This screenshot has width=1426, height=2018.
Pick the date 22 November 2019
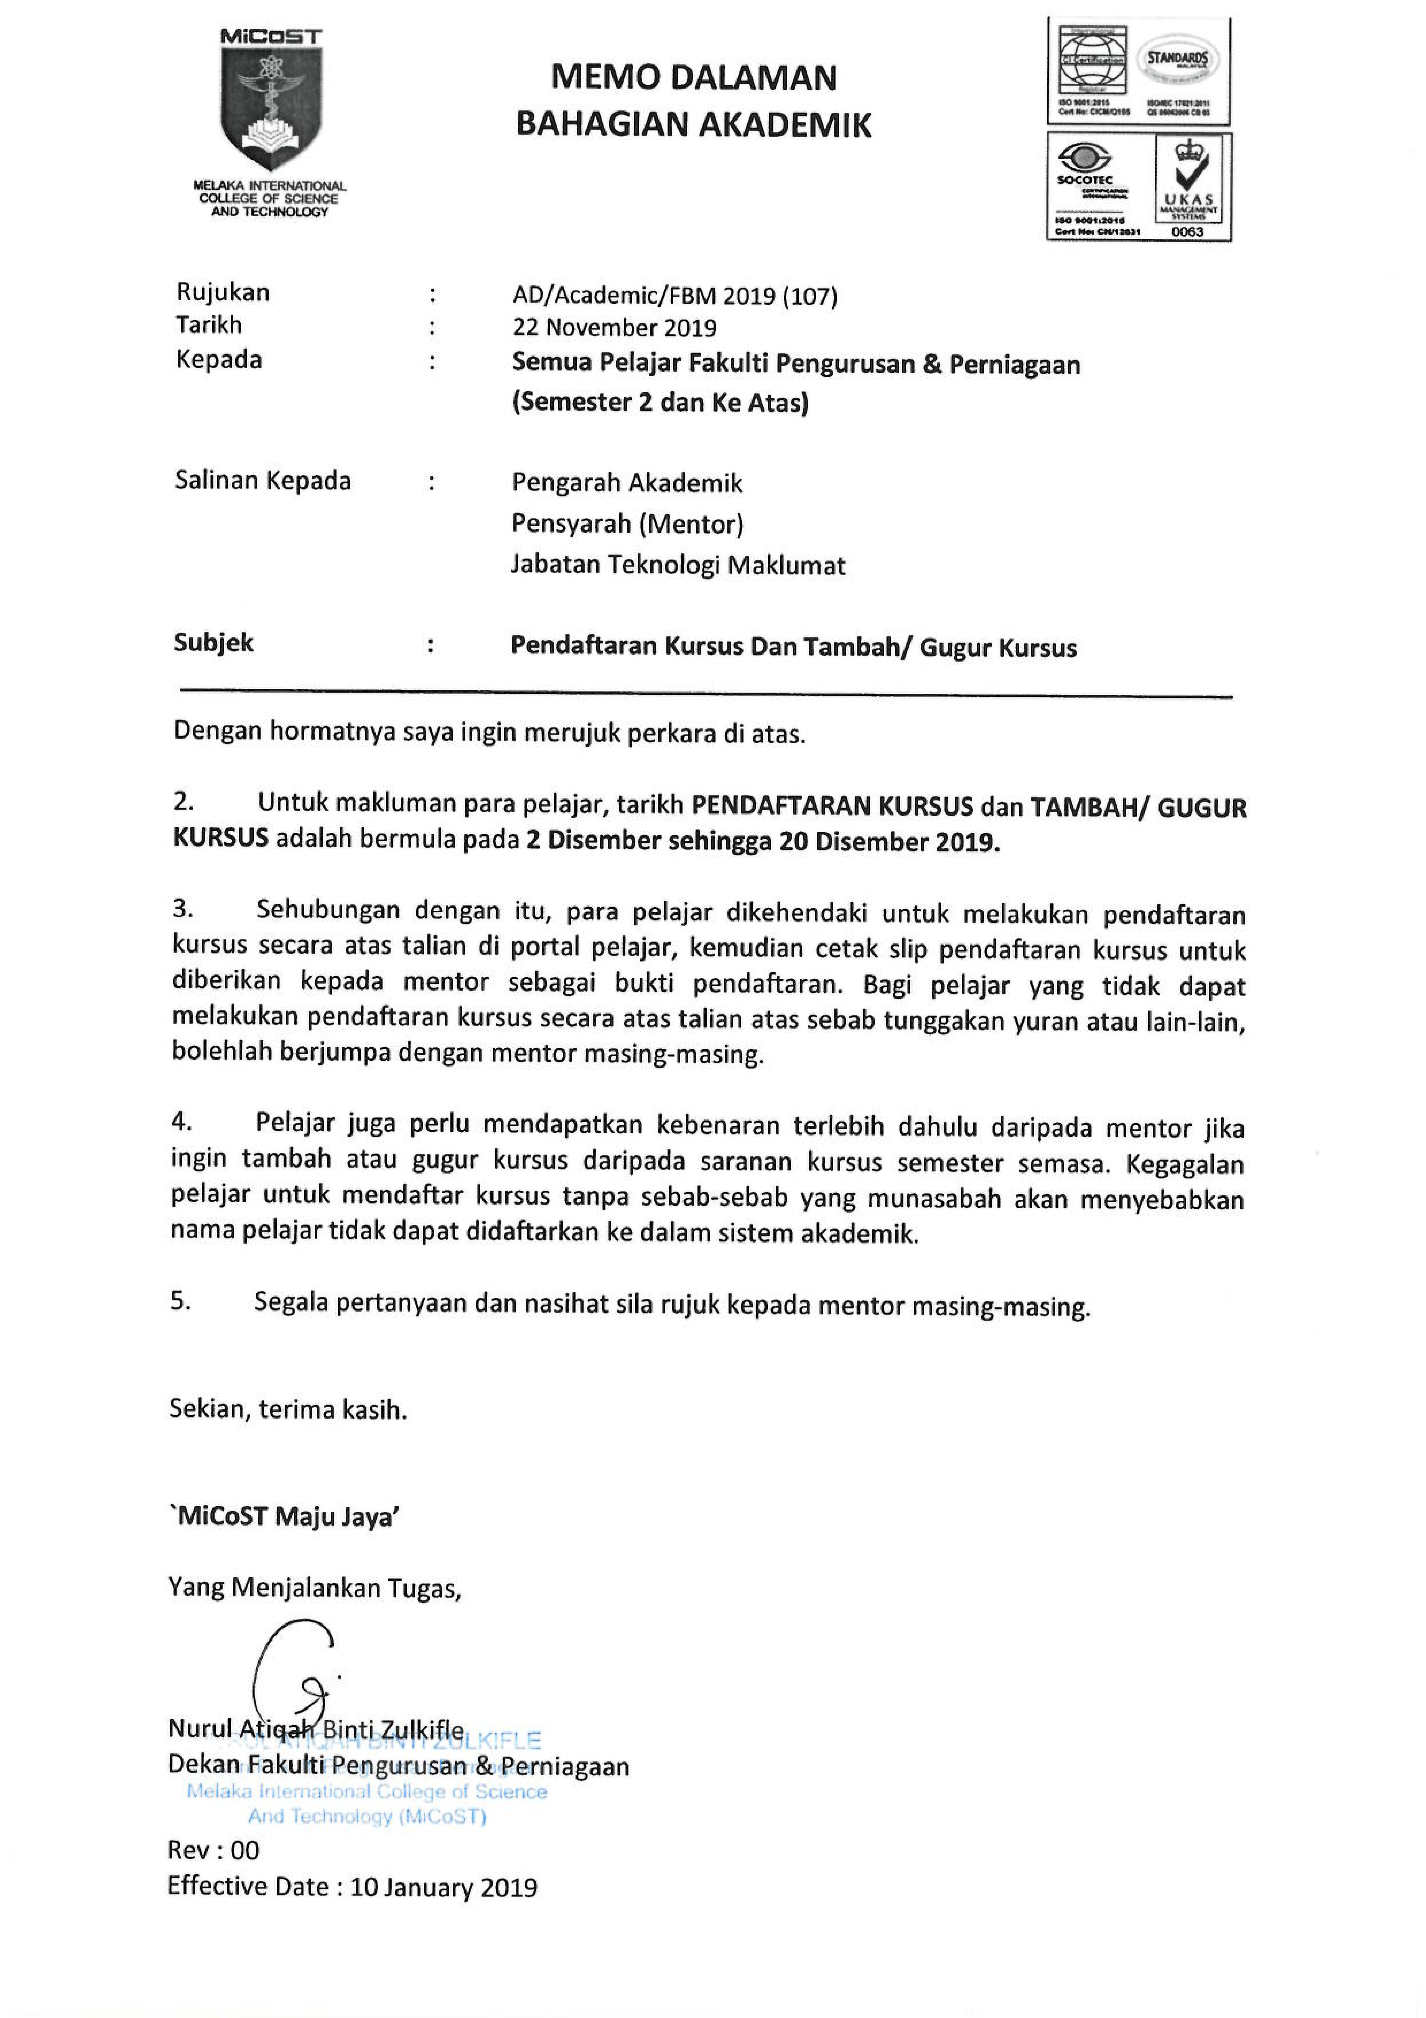[614, 328]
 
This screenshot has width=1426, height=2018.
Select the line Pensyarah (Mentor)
[627, 524]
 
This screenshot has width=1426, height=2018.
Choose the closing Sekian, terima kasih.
[288, 1410]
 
